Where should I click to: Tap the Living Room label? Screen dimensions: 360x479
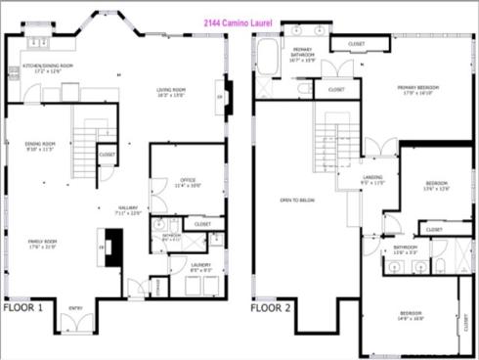click(x=171, y=93)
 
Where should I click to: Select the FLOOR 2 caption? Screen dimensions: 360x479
click(x=270, y=307)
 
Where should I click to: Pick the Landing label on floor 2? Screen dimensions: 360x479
click(x=373, y=180)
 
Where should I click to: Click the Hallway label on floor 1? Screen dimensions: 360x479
click(x=128, y=209)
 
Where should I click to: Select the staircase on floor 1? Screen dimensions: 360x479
click(x=86, y=147)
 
